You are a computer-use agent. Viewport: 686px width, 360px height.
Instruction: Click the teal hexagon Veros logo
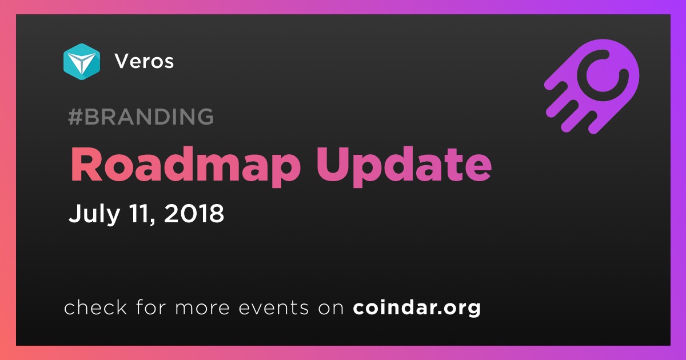(82, 62)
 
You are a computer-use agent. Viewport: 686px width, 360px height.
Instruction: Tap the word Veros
(144, 61)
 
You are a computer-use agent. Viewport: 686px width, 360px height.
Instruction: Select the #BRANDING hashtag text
(141, 117)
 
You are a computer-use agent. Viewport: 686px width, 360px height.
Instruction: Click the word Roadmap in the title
(185, 165)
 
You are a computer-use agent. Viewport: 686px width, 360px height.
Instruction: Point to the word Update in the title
(404, 165)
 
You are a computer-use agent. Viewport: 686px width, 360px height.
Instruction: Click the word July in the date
(94, 214)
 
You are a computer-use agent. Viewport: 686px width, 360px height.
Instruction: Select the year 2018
(194, 213)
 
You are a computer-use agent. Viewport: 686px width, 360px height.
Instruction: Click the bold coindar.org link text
(417, 307)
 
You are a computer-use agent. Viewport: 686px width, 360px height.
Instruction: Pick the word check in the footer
(95, 307)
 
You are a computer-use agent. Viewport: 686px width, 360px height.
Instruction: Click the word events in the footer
(273, 307)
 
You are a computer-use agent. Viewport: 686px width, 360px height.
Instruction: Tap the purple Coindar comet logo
(592, 86)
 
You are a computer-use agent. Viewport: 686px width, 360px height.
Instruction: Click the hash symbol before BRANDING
(75, 117)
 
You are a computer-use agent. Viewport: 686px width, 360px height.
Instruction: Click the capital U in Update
(332, 165)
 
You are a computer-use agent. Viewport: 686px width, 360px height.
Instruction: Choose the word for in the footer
(151, 307)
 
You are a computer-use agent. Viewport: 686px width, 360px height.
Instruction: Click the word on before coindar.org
(331, 309)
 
